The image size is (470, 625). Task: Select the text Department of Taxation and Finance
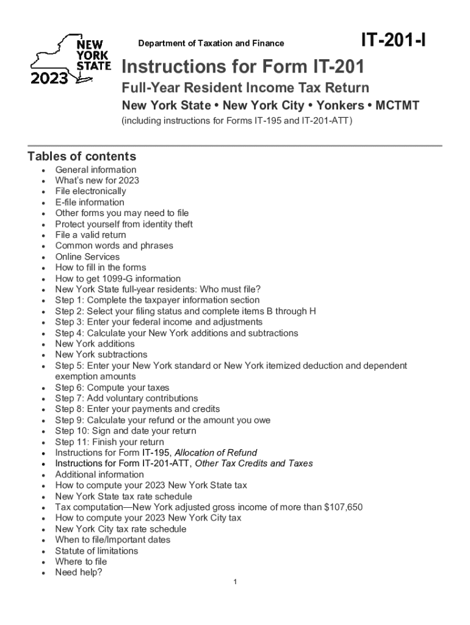[x=211, y=43]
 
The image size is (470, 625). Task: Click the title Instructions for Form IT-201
[x=243, y=66]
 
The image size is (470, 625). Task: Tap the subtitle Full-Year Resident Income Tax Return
[x=245, y=87]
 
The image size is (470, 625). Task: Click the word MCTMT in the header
[x=397, y=106]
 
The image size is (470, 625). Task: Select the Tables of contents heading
[x=82, y=156]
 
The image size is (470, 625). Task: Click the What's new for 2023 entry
[x=97, y=181]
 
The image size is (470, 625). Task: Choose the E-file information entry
[x=90, y=202]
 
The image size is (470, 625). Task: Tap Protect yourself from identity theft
[x=124, y=224]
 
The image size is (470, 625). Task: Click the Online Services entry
[x=87, y=257]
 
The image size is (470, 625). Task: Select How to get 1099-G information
[x=118, y=278]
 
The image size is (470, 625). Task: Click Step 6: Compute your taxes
[x=112, y=388]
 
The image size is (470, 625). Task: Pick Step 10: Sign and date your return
[x=126, y=431]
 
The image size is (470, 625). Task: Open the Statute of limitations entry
[x=96, y=551]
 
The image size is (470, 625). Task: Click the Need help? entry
[x=79, y=573]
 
